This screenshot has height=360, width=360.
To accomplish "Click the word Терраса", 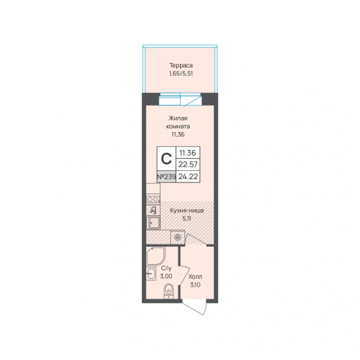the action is pyautogui.click(x=181, y=65).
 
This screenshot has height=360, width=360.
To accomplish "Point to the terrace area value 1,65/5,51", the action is pyautogui.click(x=181, y=73).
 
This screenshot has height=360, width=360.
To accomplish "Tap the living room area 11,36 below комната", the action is pyautogui.click(x=178, y=134).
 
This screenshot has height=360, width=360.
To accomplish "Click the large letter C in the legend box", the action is pyautogui.click(x=166, y=159).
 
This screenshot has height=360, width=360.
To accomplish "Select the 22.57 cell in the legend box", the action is pyautogui.click(x=188, y=164).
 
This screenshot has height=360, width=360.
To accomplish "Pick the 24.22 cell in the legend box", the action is pyautogui.click(x=188, y=176).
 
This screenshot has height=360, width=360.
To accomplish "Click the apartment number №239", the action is pyautogui.click(x=166, y=176).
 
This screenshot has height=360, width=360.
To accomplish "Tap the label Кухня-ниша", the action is pyautogui.click(x=187, y=211).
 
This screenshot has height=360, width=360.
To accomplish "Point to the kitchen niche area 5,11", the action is pyautogui.click(x=187, y=218).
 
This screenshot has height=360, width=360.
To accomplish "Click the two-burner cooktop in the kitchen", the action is pyautogui.click(x=153, y=199).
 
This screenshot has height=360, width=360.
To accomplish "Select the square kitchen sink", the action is pyautogui.click(x=153, y=223).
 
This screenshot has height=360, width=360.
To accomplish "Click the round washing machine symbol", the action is pyautogui.click(x=178, y=237).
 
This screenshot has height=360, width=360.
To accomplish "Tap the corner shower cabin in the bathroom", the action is pyautogui.click(x=155, y=256).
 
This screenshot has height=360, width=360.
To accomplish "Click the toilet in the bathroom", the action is pyautogui.click(x=169, y=291).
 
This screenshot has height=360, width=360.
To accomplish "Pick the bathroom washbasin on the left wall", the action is pyautogui.click(x=151, y=274).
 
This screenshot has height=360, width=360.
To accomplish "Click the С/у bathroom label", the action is pyautogui.click(x=166, y=268).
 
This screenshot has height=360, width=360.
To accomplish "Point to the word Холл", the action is pyautogui.click(x=195, y=277).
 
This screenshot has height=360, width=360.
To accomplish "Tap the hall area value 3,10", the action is pyautogui.click(x=195, y=285).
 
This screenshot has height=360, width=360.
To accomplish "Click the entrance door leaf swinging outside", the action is pyautogui.click(x=194, y=307).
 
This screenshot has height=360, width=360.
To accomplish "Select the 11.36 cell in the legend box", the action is pyautogui.click(x=188, y=153).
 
